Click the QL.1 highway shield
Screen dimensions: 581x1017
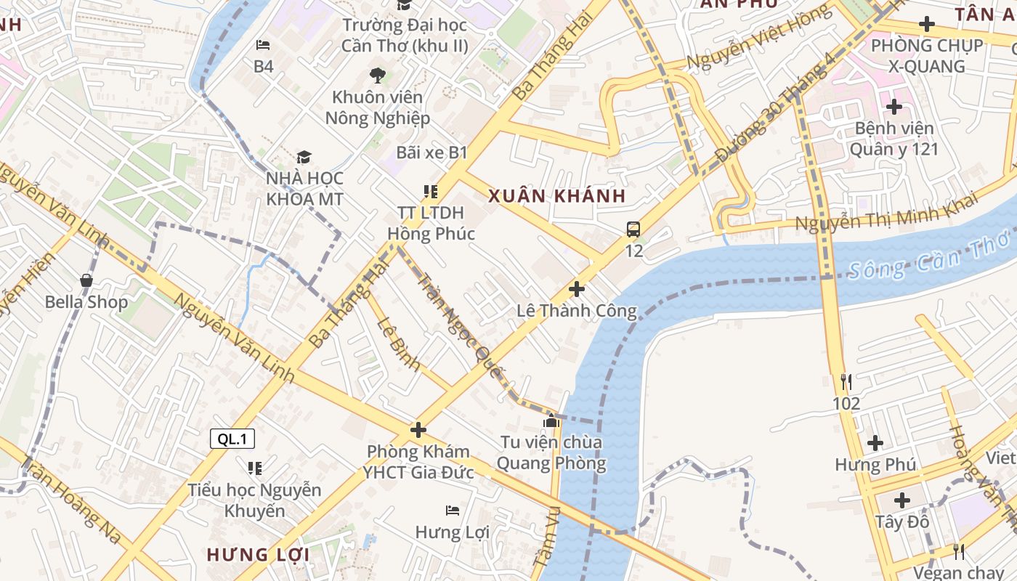(x=232, y=439)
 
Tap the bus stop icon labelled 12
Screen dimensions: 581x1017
(x=633, y=230)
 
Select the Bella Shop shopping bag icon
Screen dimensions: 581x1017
(x=86, y=280)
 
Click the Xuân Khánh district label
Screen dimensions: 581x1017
(x=557, y=196)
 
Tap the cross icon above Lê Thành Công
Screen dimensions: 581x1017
(x=577, y=290)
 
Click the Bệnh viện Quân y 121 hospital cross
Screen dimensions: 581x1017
(x=894, y=107)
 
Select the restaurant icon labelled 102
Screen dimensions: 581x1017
(x=846, y=382)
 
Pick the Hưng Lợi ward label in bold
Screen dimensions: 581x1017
(x=258, y=555)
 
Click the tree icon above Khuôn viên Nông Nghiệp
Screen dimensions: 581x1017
(x=377, y=75)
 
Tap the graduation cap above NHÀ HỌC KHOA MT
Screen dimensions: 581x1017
(x=304, y=158)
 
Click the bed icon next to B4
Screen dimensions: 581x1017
(x=263, y=45)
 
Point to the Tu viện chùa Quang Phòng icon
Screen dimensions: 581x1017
(x=551, y=421)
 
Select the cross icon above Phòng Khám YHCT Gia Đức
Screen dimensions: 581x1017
(x=418, y=430)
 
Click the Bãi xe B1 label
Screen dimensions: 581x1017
(x=431, y=153)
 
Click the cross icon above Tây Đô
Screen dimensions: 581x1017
(x=902, y=500)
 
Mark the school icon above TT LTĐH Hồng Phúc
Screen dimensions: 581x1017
(x=431, y=192)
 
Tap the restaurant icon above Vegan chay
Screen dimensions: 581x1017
(x=959, y=552)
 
